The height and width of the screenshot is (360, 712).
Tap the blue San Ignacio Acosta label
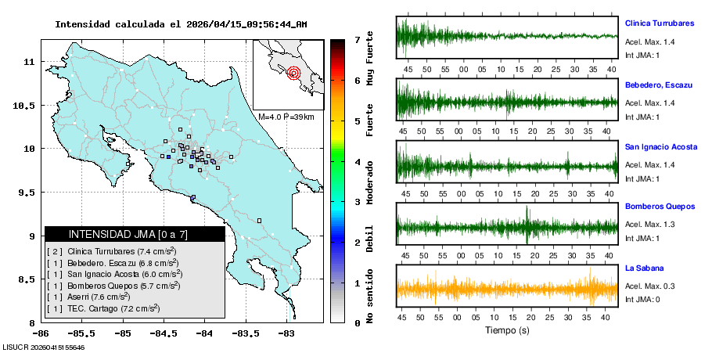[x=660, y=146]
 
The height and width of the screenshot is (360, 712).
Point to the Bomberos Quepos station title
[x=660, y=207]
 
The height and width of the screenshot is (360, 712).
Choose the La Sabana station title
[x=644, y=268]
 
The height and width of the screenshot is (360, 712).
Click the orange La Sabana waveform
[x=507, y=289]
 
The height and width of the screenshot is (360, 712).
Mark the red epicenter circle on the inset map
[x=294, y=74]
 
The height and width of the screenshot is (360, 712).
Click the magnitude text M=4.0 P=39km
[x=286, y=117]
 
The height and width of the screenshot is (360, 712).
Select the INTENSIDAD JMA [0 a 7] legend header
[x=135, y=234]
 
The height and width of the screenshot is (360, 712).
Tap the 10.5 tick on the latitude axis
[x=27, y=106]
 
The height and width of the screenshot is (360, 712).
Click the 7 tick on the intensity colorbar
[x=357, y=39]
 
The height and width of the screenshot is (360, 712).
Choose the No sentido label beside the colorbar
[x=370, y=296]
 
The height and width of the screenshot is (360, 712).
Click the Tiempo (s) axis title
[x=507, y=330]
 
